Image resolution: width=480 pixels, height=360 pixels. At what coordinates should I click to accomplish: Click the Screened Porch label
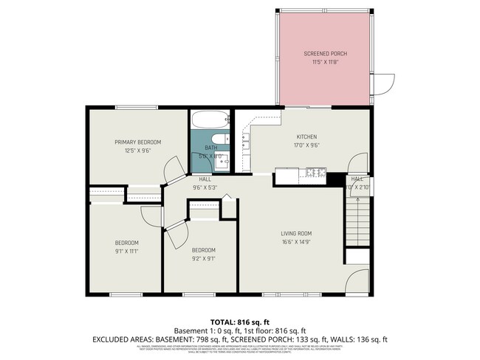click(x=325, y=54)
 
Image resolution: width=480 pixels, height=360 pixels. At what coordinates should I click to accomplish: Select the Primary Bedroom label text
click(x=137, y=142)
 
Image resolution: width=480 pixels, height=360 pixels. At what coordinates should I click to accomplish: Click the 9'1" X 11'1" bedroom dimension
click(x=126, y=251)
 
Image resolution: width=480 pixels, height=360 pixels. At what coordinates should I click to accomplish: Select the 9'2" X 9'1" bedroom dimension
click(x=204, y=258)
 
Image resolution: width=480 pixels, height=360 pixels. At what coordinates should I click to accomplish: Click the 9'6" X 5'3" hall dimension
click(x=206, y=187)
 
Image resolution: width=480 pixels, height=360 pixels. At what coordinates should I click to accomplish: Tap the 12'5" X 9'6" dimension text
click(x=137, y=150)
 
